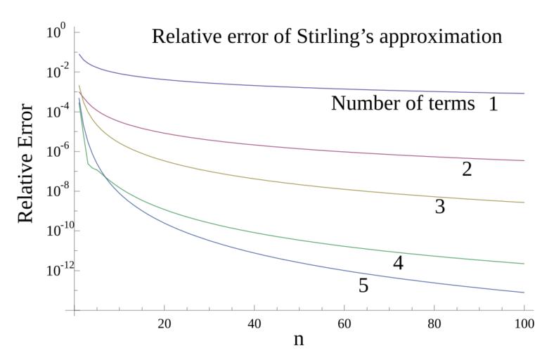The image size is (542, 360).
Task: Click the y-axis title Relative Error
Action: [x=25, y=163]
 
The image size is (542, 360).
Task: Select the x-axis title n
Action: [x=299, y=339]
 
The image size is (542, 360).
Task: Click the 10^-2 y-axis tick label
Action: [x=55, y=71]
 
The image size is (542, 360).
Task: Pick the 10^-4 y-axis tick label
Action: [x=55, y=111]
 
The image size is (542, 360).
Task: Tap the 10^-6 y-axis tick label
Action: [x=55, y=151]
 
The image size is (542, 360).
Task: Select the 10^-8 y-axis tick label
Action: [x=55, y=191]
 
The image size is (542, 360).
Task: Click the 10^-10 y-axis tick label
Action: [x=53, y=231]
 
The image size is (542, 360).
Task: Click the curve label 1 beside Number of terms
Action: [x=493, y=105]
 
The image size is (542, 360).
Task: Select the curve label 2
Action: [x=467, y=169]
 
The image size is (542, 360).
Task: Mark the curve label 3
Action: [x=440, y=207]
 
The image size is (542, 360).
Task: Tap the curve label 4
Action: [x=398, y=263]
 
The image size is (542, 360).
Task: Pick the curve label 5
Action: [x=363, y=285]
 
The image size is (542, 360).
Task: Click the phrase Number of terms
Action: [x=403, y=103]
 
